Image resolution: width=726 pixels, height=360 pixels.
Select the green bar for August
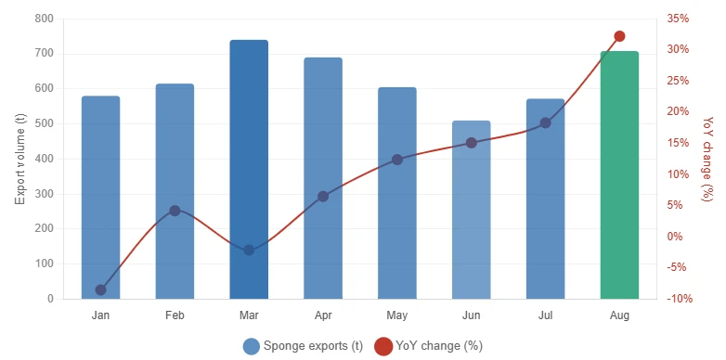point(619,175)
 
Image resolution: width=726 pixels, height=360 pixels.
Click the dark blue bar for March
point(249,170)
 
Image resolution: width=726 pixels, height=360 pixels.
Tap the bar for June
point(472,210)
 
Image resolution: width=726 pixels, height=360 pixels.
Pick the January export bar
point(101,198)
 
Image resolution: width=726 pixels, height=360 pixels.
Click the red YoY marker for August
point(619,36)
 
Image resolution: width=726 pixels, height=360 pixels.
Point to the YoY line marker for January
point(101,290)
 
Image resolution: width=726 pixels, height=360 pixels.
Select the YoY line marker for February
point(175,211)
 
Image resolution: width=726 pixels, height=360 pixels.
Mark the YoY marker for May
point(397,161)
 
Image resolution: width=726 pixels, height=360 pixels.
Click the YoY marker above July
point(545,123)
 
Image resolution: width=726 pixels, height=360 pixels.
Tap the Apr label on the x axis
point(323,315)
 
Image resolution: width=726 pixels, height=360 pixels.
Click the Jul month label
point(545,315)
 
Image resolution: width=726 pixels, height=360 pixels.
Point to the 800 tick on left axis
point(44,19)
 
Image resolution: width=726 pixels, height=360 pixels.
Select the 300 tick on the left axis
point(44,194)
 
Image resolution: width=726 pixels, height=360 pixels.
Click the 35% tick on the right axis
point(678,19)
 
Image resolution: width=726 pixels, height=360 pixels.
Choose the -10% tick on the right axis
point(680,299)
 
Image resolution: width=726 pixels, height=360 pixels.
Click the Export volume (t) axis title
point(19,160)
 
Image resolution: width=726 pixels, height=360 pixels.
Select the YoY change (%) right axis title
point(707,159)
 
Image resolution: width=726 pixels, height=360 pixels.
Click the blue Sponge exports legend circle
point(251,347)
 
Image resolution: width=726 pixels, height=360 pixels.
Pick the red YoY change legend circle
point(383,347)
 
